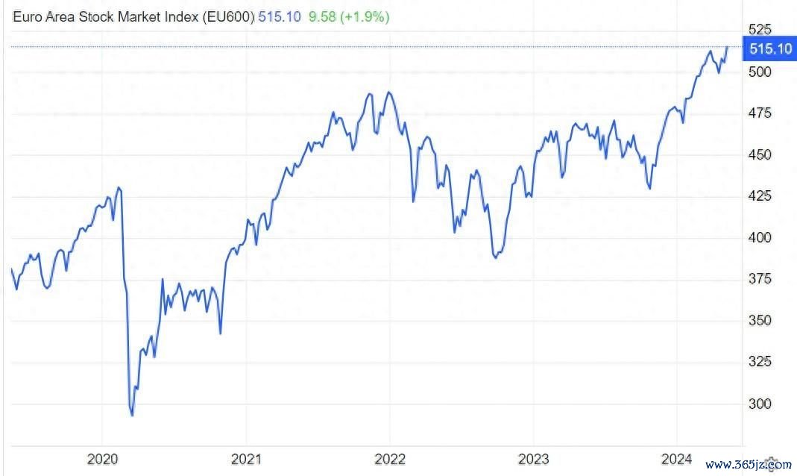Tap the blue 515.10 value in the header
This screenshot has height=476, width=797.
(279, 16)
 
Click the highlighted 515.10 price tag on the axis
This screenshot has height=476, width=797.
(770, 49)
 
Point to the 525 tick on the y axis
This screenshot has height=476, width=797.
(760, 30)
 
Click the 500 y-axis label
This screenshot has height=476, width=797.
(760, 72)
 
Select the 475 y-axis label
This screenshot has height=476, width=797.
(760, 113)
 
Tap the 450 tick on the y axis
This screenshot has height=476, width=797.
(760, 154)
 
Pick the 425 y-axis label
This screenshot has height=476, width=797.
(760, 196)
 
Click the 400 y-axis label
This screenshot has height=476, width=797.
(760, 237)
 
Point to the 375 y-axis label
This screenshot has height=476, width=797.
(760, 279)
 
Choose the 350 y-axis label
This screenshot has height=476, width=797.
(760, 320)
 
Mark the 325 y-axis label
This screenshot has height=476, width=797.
(760, 362)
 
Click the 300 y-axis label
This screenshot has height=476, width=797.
(760, 404)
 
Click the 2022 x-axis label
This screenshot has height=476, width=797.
(389, 457)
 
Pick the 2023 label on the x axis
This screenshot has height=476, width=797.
(533, 457)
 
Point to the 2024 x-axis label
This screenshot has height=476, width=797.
(677, 457)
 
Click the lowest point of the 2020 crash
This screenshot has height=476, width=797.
(132, 415)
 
